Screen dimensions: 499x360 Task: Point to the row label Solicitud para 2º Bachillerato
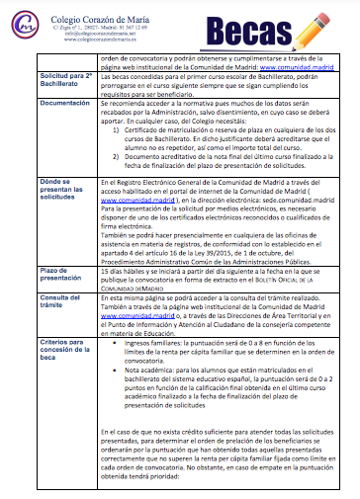pyautogui.click(x=65, y=79)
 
